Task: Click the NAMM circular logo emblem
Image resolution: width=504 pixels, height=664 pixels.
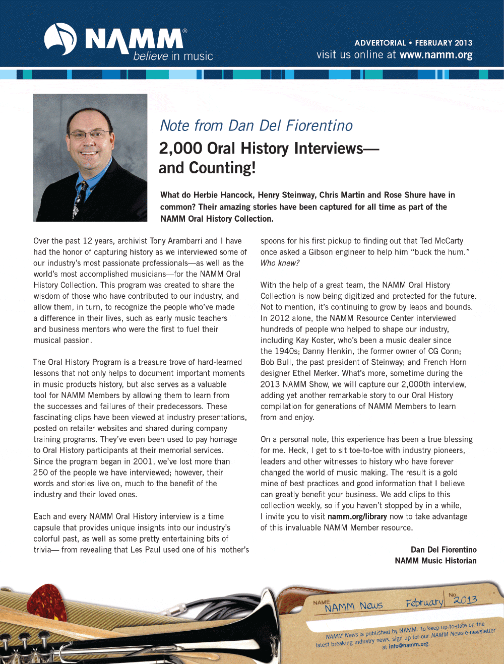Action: pyautogui.click(x=60, y=39)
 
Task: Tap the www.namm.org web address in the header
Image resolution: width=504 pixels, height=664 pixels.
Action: pyautogui.click(x=436, y=55)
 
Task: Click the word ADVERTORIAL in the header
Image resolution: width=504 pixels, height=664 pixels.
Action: pyautogui.click(x=380, y=43)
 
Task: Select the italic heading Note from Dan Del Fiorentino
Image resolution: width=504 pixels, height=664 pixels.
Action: pyautogui.click(x=256, y=125)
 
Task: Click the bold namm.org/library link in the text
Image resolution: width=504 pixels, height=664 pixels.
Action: pyautogui.click(x=357, y=516)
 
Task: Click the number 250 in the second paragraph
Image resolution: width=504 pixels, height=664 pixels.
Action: pyautogui.click(x=40, y=473)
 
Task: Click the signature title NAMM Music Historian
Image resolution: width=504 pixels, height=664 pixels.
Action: pyautogui.click(x=435, y=561)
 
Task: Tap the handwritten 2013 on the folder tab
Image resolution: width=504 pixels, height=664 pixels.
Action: pyautogui.click(x=465, y=600)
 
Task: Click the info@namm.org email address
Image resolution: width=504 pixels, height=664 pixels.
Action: pyautogui.click(x=408, y=645)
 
